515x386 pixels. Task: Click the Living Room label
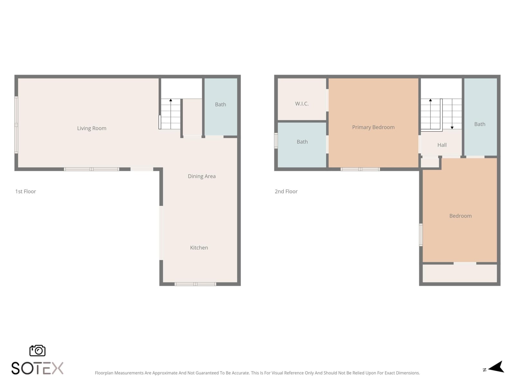(x=92, y=128)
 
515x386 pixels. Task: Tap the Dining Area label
(x=201, y=176)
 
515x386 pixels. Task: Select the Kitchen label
(x=199, y=248)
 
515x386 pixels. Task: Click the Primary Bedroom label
(x=373, y=127)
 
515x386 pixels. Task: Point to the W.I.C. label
(x=302, y=104)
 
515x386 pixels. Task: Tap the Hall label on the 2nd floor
(x=442, y=145)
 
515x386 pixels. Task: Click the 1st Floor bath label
(x=220, y=104)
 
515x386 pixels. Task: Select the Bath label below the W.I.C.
(x=302, y=142)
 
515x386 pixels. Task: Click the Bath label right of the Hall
(x=480, y=124)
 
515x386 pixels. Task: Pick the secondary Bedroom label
(x=460, y=216)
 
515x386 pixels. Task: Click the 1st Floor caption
(x=25, y=191)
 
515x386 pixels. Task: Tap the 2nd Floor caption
(x=286, y=191)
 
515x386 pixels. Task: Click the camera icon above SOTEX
(x=37, y=351)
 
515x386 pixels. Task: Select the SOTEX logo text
(x=37, y=368)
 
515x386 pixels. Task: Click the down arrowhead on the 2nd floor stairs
(x=452, y=128)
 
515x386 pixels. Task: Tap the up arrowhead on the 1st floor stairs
(x=171, y=100)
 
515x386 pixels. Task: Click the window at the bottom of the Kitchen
(x=195, y=284)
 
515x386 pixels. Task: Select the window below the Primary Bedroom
(x=360, y=169)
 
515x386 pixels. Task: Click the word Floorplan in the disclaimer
(x=104, y=373)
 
